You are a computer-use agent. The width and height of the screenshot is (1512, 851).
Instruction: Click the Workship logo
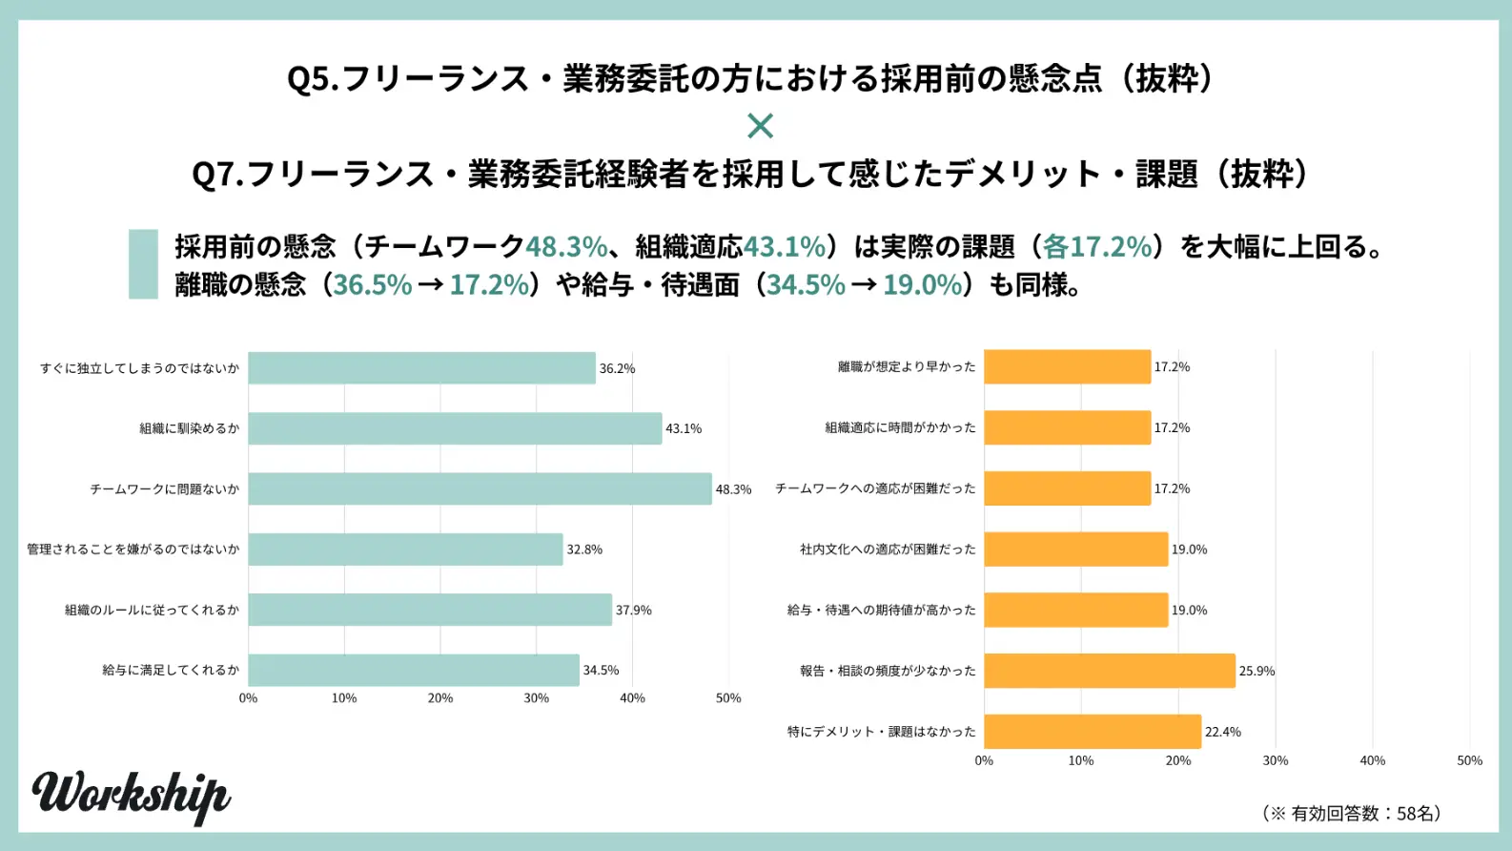[132, 795]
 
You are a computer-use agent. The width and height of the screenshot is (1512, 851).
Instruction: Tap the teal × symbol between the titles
[760, 125]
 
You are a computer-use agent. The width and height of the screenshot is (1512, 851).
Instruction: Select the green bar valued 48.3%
[480, 488]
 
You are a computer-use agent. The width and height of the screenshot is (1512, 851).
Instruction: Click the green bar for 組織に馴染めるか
[455, 428]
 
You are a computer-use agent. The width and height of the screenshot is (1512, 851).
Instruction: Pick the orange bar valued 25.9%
[1110, 671]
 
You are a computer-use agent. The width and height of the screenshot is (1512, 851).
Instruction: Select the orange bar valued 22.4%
[1093, 732]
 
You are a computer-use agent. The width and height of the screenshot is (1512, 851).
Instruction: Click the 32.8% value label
[584, 550]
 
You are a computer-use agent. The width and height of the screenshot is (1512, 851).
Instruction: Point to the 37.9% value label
[634, 611]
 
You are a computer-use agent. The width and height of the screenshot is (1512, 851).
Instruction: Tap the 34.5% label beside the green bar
[601, 671]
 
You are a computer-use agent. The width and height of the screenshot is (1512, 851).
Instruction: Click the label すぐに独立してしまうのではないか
[139, 368]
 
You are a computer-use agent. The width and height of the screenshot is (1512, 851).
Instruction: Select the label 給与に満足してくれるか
[171, 671]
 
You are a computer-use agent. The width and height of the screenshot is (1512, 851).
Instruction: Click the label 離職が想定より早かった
[907, 367]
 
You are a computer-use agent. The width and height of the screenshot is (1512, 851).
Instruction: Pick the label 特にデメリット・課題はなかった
[882, 732]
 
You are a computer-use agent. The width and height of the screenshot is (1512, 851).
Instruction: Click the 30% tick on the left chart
[536, 698]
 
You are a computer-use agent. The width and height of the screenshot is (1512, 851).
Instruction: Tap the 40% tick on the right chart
[1372, 760]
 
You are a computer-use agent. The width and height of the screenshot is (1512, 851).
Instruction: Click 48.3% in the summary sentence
[566, 247]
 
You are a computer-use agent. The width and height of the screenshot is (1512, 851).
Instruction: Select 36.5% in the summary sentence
[373, 285]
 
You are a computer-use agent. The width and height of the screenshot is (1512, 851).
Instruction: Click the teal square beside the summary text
[143, 264]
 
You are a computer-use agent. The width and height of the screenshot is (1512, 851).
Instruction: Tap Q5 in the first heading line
[312, 78]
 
